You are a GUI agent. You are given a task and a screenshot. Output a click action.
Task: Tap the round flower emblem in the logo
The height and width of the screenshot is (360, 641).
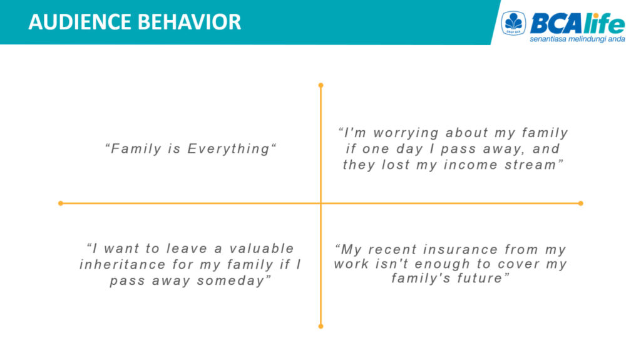[513, 23]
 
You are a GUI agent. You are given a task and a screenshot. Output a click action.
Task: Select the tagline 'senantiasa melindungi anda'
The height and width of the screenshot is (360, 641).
[577, 39]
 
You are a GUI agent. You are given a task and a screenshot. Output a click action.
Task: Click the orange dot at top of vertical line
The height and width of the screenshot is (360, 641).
[321, 85]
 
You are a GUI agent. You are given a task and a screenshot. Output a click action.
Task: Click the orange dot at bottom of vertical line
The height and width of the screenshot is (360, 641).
[321, 326]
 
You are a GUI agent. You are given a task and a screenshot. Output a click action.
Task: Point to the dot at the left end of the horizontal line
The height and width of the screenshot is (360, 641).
[61, 203]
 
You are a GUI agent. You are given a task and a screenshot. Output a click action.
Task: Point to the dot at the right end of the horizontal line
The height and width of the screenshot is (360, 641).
[580, 203]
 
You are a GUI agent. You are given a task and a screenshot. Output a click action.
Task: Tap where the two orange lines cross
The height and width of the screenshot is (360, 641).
[321, 203]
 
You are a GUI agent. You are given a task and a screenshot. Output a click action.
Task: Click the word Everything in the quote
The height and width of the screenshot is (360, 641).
[228, 149]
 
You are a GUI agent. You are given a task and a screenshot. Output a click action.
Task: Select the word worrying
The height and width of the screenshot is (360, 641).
[406, 133]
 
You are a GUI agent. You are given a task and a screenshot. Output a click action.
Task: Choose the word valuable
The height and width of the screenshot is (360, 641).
[262, 249]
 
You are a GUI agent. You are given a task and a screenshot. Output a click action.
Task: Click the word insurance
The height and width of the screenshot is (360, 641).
[460, 249]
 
